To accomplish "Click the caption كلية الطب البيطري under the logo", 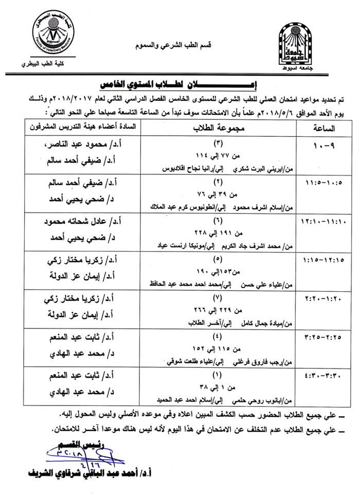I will pos(51,66).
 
